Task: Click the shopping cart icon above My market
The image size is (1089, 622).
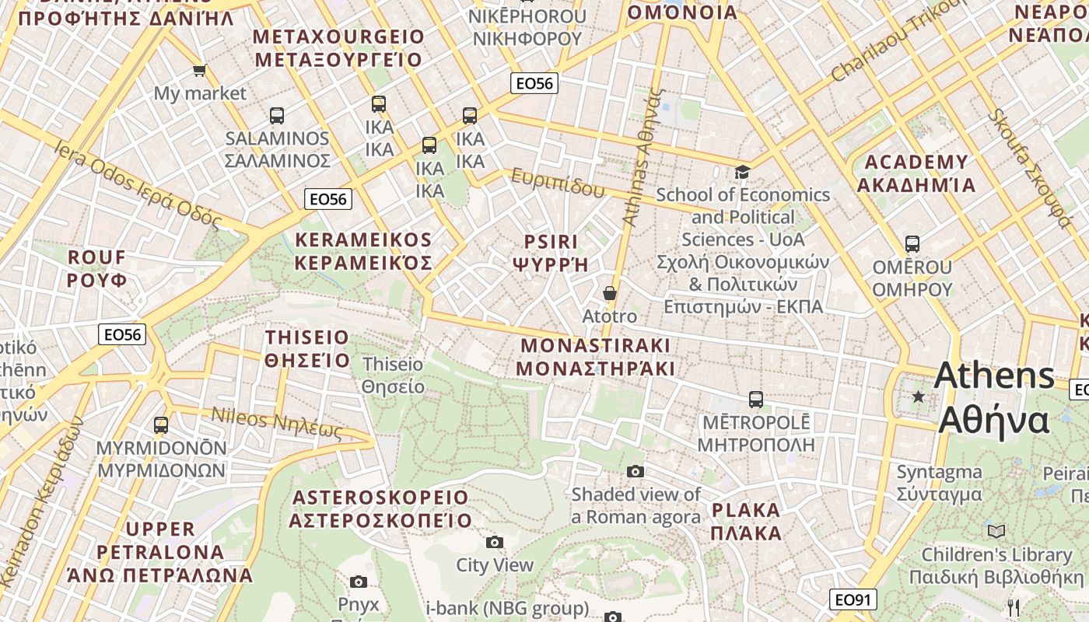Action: [x=199, y=71]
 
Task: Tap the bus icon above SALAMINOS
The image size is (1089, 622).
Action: [x=277, y=116]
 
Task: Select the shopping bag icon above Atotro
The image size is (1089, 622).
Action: [x=610, y=293]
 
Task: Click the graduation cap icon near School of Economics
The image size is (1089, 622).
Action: [x=742, y=172]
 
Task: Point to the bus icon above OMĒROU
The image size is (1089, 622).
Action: [x=912, y=244]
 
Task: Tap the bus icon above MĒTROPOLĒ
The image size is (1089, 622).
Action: [x=755, y=400]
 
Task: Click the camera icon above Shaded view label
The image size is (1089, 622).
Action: [x=636, y=471]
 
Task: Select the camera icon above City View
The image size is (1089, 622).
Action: [x=494, y=542]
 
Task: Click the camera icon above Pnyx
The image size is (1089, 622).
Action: [x=359, y=582]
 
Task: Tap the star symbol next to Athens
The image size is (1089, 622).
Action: [x=919, y=397]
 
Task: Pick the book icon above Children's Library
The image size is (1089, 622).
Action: [x=996, y=531]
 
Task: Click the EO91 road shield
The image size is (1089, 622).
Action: [x=853, y=599]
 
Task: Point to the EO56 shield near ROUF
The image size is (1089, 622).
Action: [x=123, y=335]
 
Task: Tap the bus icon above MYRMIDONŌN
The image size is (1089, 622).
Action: [x=161, y=425]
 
